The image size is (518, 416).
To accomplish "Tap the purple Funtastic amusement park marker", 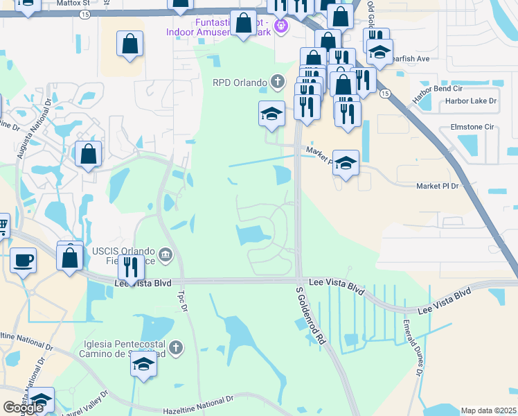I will (x=280, y=26).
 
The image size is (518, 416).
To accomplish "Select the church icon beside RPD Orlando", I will (x=277, y=83).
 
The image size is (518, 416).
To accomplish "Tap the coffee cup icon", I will (x=23, y=260).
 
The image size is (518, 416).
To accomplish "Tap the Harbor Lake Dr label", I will (x=471, y=101).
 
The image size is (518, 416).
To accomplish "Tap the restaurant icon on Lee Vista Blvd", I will (x=130, y=267).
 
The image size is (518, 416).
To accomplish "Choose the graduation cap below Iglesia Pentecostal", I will (x=143, y=365).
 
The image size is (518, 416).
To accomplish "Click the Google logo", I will (x=23, y=408).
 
